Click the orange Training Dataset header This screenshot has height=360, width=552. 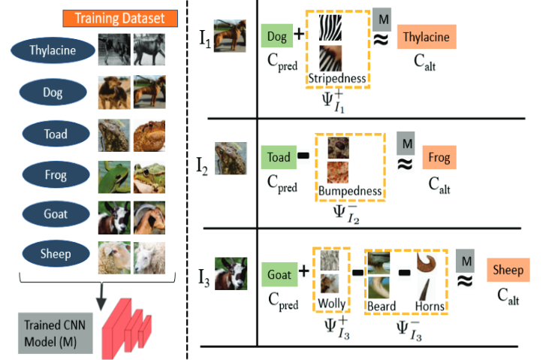click(120, 17)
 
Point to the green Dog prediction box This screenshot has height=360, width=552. click(276, 35)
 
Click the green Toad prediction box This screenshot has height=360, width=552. click(278, 158)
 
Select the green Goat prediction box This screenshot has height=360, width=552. click(279, 275)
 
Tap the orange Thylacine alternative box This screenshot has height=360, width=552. click(426, 37)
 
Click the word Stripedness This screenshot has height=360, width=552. click(336, 78)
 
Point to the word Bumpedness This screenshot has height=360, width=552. click(350, 191)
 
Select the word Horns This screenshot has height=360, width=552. click(430, 307)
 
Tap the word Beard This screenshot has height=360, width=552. click(382, 307)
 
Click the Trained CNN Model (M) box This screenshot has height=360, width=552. click(54, 330)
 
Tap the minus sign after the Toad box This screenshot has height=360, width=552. click(303, 157)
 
